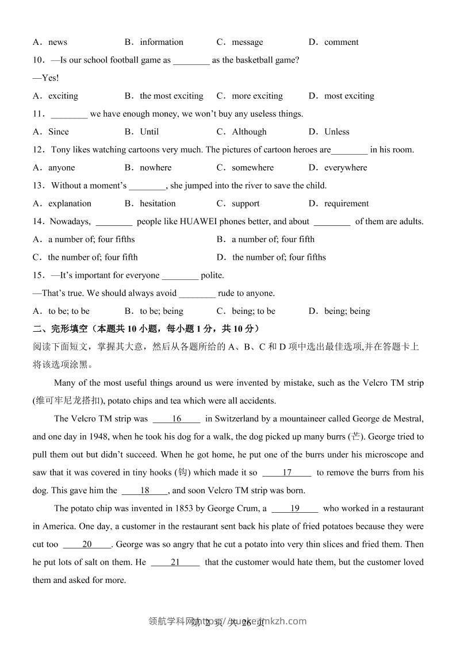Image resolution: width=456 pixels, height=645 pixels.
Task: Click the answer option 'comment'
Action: [341, 42]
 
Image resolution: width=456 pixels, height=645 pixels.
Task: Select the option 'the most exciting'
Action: [171, 96]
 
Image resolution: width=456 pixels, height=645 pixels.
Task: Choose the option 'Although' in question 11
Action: [249, 132]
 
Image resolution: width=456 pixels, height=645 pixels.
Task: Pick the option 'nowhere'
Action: [155, 168]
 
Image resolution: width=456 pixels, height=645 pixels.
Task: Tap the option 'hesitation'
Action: [158, 204]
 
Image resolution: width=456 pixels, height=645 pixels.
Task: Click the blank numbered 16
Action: [177, 419]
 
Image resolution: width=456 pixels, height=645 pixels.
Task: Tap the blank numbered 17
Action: [287, 473]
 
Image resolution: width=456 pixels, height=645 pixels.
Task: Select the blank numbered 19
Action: [295, 508]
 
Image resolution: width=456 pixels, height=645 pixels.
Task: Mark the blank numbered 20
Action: [87, 544]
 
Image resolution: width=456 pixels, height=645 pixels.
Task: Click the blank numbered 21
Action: [175, 562]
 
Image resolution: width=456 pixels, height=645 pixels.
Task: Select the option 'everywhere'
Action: [345, 168]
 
